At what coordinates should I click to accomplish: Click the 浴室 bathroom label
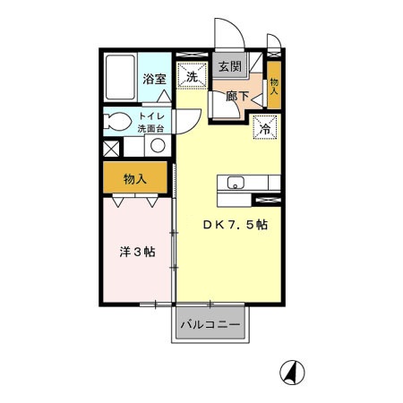tap(154, 79)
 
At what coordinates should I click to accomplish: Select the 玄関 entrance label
tap(228, 66)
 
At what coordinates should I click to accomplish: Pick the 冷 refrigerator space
tap(265, 129)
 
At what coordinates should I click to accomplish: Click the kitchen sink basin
tap(236, 184)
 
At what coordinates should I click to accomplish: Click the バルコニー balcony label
tap(210, 323)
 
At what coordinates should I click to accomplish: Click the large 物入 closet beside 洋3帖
tap(135, 179)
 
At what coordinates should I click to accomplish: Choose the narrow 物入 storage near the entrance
tap(274, 88)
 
